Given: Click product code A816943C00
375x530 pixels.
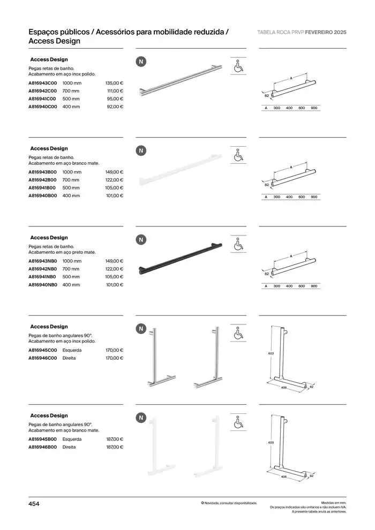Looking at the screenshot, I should (x=42, y=83).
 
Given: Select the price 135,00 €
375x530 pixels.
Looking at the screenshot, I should (x=114, y=83).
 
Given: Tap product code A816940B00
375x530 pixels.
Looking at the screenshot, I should (x=42, y=196).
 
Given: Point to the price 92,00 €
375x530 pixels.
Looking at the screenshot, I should (x=115, y=107).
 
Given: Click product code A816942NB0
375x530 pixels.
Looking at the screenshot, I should (x=42, y=269).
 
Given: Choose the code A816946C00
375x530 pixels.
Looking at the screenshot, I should (x=42, y=358).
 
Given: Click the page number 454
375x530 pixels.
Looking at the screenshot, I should (x=34, y=504).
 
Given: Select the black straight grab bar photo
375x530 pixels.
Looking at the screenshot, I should (x=180, y=260).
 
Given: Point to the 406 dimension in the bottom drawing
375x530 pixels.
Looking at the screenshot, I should (x=284, y=476).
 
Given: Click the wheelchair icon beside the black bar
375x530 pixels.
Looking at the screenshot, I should (x=238, y=245).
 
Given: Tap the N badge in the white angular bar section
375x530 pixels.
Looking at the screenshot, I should (x=141, y=418).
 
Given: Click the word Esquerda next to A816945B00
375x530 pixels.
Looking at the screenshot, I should (x=72, y=438).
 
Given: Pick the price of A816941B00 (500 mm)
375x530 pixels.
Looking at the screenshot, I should (x=114, y=188).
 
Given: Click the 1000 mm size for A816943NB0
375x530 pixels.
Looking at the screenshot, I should (x=72, y=261).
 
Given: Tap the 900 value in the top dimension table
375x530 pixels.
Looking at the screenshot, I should (x=314, y=108).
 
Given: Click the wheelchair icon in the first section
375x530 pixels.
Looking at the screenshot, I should (x=238, y=67).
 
